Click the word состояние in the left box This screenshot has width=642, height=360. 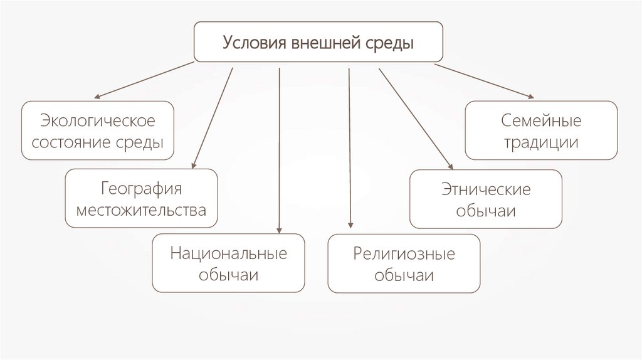[75, 143]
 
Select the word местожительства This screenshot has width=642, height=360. [141, 210]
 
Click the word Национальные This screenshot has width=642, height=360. [228, 253]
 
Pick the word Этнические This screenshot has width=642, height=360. [486, 189]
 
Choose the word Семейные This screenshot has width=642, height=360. [541, 120]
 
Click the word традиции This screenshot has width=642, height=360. [541, 142]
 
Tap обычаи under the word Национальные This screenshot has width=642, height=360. [228, 276]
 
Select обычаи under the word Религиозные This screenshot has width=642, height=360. [404, 276]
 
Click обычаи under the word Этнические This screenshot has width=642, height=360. [486, 211]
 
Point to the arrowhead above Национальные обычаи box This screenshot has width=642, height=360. [279, 230]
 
